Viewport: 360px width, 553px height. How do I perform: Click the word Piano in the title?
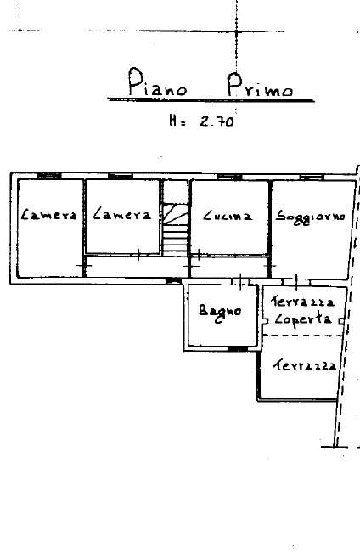coord(157,82)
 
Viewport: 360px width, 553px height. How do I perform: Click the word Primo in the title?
coord(260,85)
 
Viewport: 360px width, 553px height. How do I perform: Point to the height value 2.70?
coord(217,121)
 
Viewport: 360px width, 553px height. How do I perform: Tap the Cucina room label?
coord(228,215)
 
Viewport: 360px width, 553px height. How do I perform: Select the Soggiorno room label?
coord(310,217)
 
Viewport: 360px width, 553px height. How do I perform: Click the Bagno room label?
coord(221,312)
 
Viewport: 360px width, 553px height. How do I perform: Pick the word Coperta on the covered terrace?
coord(303,319)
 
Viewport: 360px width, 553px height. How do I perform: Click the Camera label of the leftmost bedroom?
coord(48,214)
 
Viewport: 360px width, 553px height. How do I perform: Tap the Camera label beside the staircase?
coord(122,214)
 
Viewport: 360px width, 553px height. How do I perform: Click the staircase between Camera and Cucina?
coord(175,229)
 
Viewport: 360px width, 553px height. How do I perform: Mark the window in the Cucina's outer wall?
coord(229,177)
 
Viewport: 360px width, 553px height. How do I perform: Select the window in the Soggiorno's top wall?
coord(312,177)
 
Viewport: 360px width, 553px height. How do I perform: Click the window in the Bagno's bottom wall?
coord(237,349)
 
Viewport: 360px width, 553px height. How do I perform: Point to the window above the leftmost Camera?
coord(49,175)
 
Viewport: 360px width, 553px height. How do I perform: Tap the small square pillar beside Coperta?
coord(341,321)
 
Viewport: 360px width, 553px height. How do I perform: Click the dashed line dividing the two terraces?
coord(304,336)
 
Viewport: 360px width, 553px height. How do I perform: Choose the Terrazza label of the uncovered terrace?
coord(305,364)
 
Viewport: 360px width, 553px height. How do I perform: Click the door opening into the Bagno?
coord(240,282)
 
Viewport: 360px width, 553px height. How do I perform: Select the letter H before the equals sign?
coord(172,121)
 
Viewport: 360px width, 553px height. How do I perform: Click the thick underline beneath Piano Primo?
coord(211,100)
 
